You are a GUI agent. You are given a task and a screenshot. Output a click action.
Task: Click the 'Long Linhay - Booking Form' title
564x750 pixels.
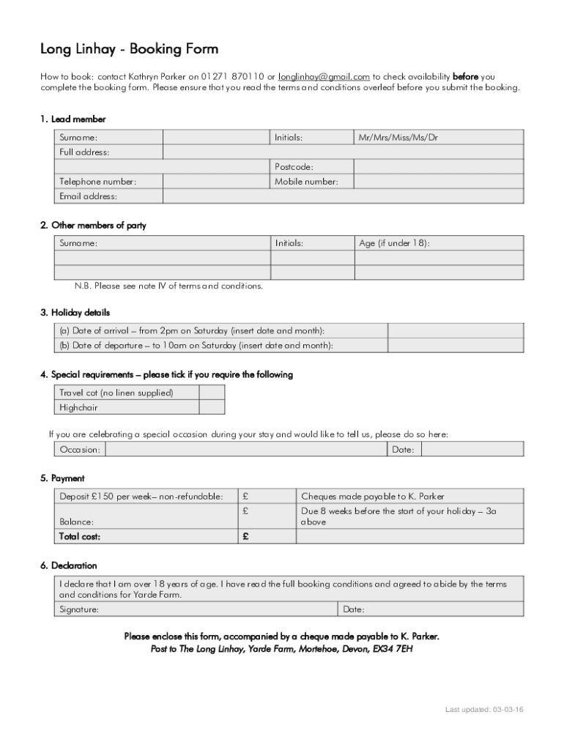point(129,49)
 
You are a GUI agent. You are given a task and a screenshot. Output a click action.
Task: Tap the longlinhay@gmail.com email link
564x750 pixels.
point(324,76)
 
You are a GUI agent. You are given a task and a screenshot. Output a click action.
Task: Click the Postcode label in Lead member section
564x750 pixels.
point(294,167)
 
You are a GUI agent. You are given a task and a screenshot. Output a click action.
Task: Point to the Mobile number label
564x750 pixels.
point(306,182)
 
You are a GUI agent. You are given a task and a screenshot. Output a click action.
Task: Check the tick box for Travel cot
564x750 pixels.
point(212,393)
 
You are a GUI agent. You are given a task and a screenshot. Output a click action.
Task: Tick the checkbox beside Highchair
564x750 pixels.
point(212,408)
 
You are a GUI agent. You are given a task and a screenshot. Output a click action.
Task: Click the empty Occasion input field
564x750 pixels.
point(246,450)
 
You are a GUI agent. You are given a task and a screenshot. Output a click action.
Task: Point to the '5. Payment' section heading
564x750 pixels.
point(62,478)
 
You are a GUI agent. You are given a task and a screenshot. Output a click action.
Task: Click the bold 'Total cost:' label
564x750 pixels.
point(80,537)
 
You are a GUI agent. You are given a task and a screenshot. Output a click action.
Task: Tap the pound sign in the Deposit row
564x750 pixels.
point(246,497)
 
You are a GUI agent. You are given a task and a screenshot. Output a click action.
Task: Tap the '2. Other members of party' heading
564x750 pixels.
point(93,226)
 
